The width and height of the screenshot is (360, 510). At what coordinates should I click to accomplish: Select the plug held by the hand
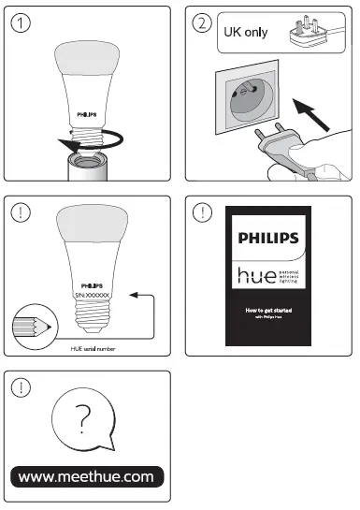click(271, 153)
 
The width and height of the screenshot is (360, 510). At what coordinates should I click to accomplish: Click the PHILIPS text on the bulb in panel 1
click(87, 109)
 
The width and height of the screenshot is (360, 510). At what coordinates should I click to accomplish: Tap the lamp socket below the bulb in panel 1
click(87, 167)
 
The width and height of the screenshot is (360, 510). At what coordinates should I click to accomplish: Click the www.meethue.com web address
click(86, 476)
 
